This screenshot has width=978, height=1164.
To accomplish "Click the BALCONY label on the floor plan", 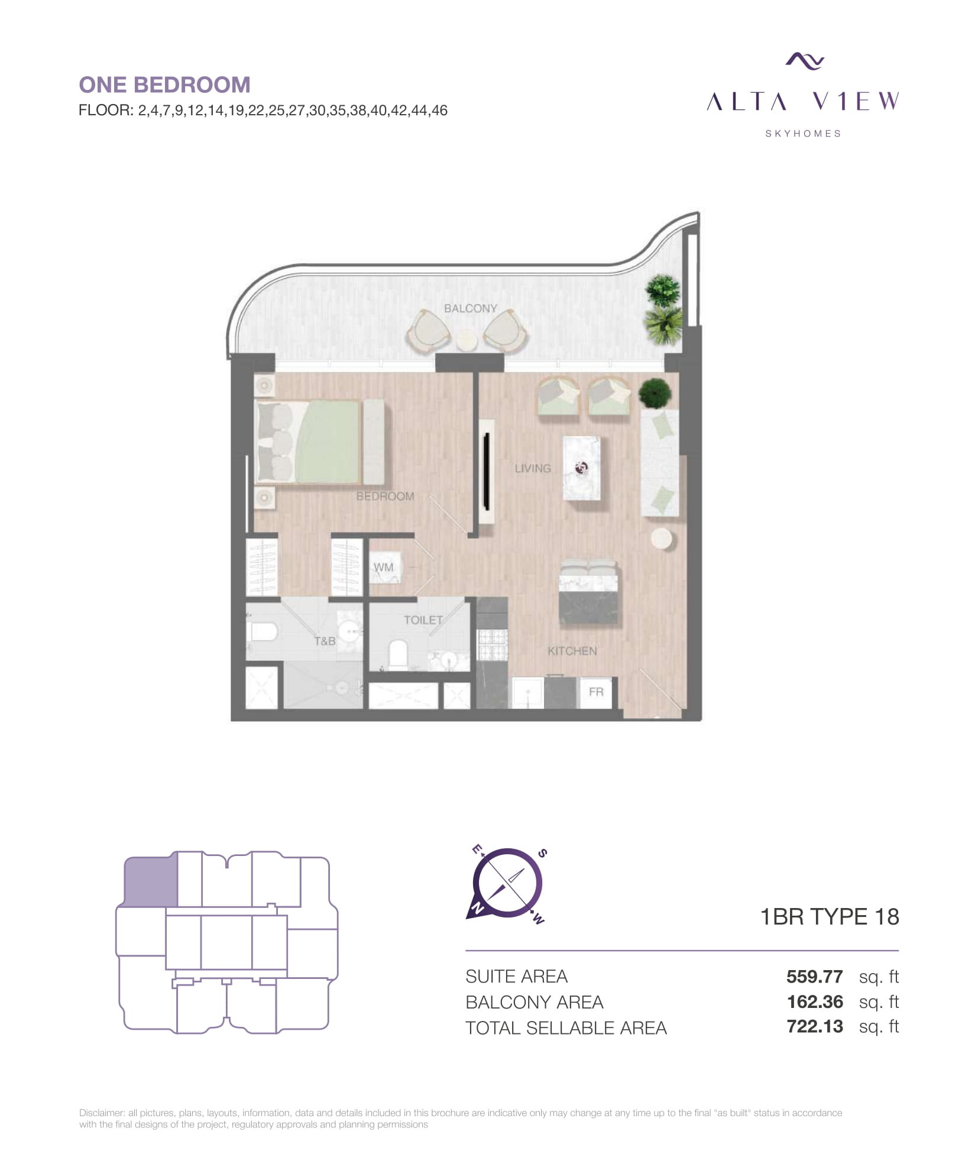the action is point(470,308).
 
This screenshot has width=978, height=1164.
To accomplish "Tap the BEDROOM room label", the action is point(385,496).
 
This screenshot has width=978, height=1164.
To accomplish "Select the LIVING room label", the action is point(532,468).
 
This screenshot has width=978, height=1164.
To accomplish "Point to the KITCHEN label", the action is point(572,650).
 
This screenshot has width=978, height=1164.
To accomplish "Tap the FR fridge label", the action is point(595,691).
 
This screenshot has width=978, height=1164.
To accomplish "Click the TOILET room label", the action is point(423,620).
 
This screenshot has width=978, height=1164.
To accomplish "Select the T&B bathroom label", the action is point(325,641).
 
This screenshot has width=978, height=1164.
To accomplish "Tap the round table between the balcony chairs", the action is point(467,341).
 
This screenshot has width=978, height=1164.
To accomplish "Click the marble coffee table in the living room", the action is point(582,468).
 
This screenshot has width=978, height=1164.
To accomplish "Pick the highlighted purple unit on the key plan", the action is point(151,881).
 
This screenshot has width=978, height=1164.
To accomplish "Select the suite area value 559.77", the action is point(814,976).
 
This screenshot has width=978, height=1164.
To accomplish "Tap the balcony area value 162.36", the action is point(815,1001).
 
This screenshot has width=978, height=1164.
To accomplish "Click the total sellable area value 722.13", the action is point(815,1026).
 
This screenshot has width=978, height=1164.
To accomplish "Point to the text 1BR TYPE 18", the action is point(829,916).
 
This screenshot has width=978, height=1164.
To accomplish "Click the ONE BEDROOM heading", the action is point(164,85).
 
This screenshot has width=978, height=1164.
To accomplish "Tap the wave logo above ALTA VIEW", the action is point(805,60).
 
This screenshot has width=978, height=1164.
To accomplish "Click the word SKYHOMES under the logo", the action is point(803,134).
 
